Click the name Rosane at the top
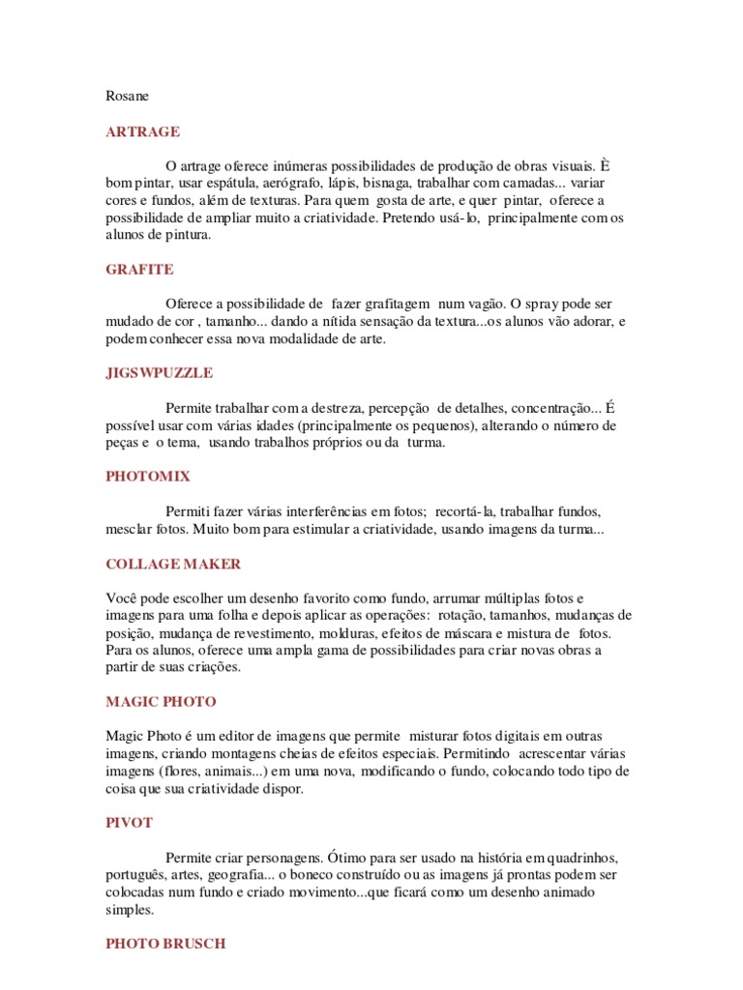point(128,95)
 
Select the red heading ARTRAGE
point(142,131)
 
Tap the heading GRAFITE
point(139,269)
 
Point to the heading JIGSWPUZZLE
point(160,372)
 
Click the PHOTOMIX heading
point(148,476)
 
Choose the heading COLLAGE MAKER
point(173,564)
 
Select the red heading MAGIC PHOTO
point(161,701)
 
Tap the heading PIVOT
point(129,823)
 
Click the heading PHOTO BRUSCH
point(165,944)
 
